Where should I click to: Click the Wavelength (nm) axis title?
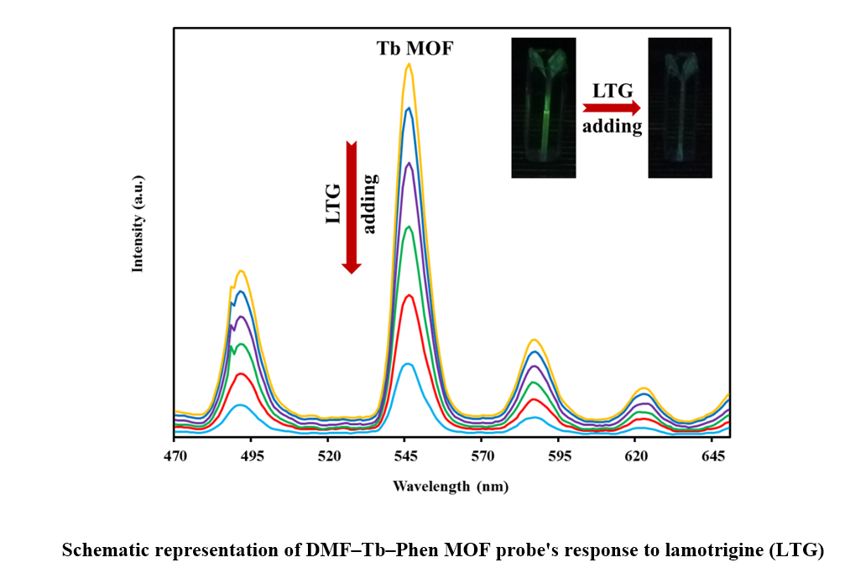pos(451,487)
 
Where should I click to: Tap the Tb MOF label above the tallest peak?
pos(414,49)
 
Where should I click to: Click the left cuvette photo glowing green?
pos(544,107)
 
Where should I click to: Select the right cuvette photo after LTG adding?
pos(680,107)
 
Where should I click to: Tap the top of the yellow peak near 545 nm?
pos(409,64)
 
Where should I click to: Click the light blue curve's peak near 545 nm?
pos(407,364)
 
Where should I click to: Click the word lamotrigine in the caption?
pos(719,551)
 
